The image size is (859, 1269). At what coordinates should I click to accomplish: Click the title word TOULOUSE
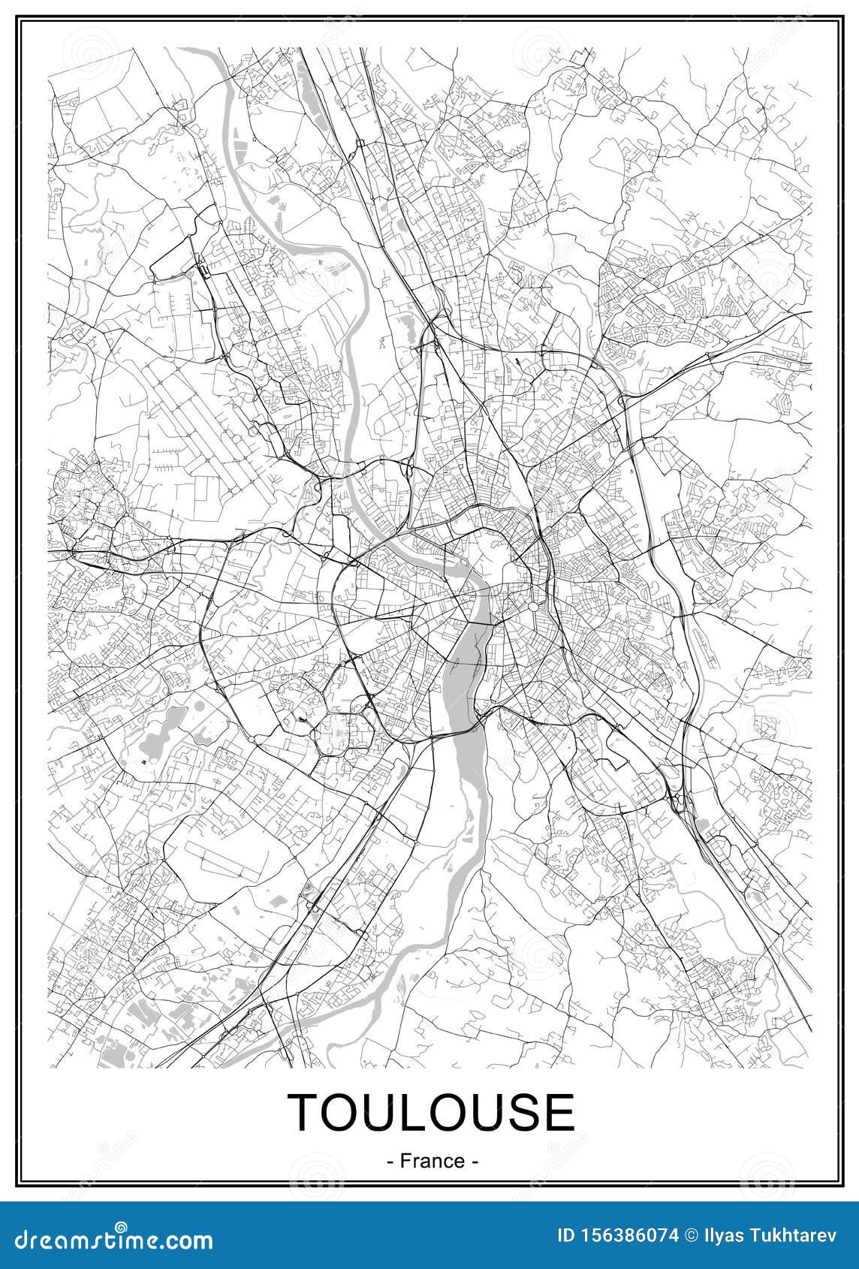pos(432,1112)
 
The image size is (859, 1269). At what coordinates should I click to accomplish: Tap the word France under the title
pos(433,1160)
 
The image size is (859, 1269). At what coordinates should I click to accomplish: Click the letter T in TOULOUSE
pos(307,1112)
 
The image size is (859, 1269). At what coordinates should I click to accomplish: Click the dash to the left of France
pos(390,1161)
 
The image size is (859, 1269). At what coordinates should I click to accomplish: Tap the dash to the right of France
pos(475,1161)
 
